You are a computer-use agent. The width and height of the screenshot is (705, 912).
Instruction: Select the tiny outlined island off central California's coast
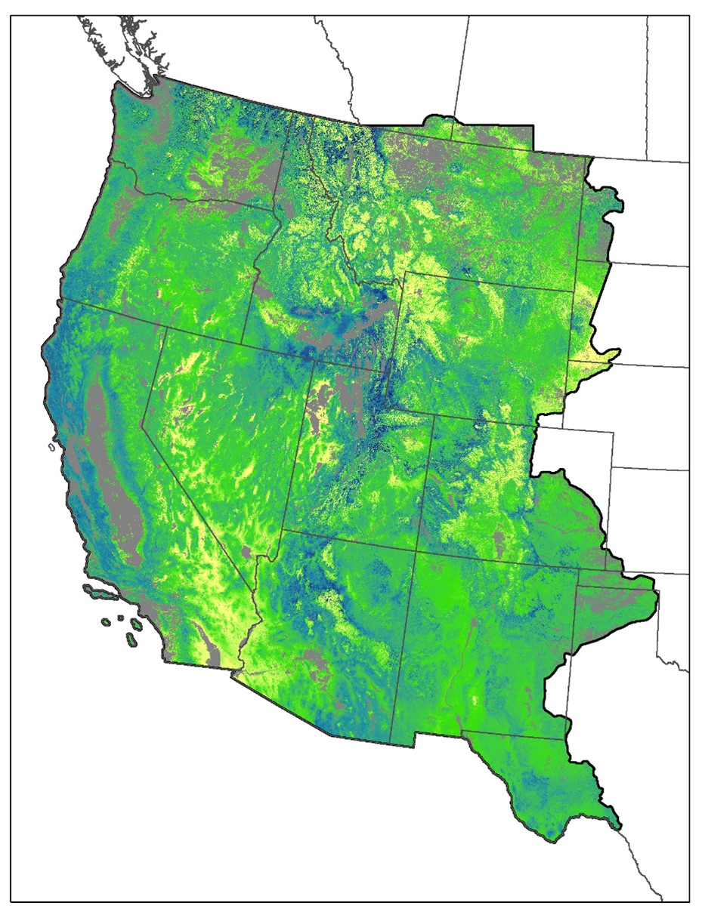point(51,448)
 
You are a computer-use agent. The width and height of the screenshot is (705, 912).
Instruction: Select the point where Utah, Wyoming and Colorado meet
point(432,414)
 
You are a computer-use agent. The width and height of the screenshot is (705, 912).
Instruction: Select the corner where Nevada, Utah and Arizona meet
point(283,529)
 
